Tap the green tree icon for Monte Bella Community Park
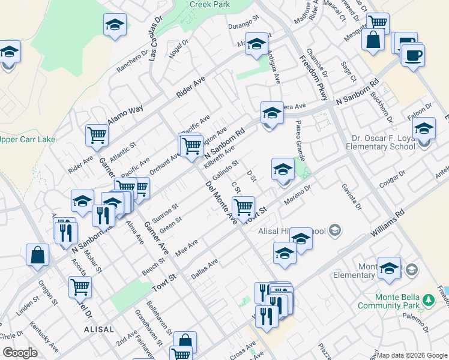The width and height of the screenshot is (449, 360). pyautogui.click(x=427, y=299)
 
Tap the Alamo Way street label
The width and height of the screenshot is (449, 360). pyautogui.click(x=125, y=114)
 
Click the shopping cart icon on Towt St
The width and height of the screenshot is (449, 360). pyautogui.click(x=243, y=207)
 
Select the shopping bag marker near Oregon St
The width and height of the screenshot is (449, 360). pyautogui.click(x=38, y=254)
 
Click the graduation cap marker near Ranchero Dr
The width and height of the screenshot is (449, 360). pyautogui.click(x=115, y=25)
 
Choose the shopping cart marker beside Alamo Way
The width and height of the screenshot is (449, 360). pyautogui.click(x=96, y=135)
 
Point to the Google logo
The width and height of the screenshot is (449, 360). pyautogui.click(x=20, y=353)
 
